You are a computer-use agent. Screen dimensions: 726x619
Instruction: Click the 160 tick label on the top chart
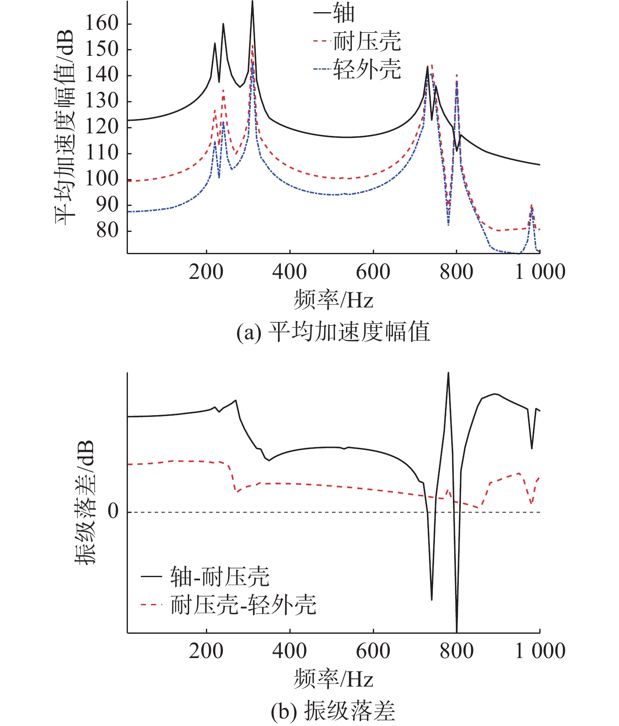pyautogui.click(x=102, y=23)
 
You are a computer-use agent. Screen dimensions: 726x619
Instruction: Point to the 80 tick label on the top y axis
pyautogui.click(x=108, y=230)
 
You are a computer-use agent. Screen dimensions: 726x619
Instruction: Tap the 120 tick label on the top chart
pyautogui.click(x=102, y=127)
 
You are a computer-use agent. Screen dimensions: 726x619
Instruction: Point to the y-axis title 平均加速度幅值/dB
pyautogui.click(x=65, y=128)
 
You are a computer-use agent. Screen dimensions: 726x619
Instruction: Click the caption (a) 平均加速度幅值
pyautogui.click(x=333, y=332)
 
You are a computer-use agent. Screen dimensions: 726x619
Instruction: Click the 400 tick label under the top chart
pyautogui.click(x=289, y=272)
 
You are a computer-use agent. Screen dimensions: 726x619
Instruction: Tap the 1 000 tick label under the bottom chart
pyautogui.click(x=540, y=651)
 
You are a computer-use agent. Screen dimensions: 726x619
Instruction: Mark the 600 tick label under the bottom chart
pyautogui.click(x=373, y=651)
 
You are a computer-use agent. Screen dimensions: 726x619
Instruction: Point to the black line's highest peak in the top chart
pyautogui.click(x=252, y=3)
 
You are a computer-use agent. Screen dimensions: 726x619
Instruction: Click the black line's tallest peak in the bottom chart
pyautogui.click(x=448, y=373)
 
